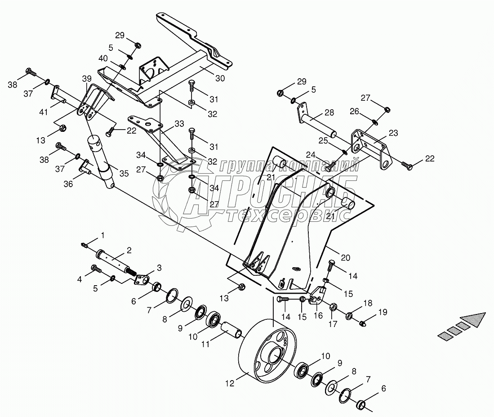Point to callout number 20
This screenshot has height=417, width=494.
point(345,258)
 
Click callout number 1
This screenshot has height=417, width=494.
point(102,235)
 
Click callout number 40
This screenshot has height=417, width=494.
point(103,58)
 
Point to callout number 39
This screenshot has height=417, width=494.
point(86,79)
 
